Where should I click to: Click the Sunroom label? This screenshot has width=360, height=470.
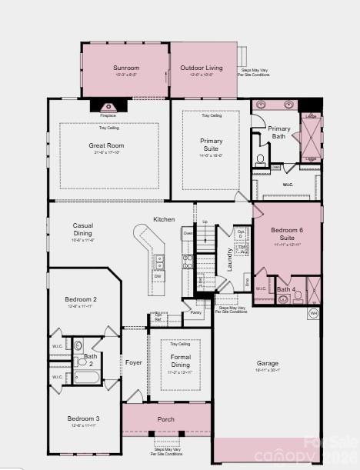click(125, 68)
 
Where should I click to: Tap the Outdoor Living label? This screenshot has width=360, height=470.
click(201, 68)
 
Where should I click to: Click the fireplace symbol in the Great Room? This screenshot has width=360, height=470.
click(104, 107)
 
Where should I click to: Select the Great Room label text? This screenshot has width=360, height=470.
click(106, 145)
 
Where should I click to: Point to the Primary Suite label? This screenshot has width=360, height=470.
click(211, 144)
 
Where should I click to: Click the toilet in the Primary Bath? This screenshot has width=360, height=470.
click(261, 160)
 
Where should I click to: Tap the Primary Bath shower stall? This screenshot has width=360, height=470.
click(311, 136)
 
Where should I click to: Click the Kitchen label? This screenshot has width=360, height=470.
click(164, 220)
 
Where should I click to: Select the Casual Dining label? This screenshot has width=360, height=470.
click(82, 228)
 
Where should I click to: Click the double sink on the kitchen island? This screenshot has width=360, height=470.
click(160, 263)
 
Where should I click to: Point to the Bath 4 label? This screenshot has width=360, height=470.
click(286, 289)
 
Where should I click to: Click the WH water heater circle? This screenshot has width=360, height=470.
click(313, 313)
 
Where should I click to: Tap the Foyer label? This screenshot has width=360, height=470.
click(134, 362)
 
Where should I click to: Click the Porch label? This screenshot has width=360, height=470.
click(166, 419)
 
